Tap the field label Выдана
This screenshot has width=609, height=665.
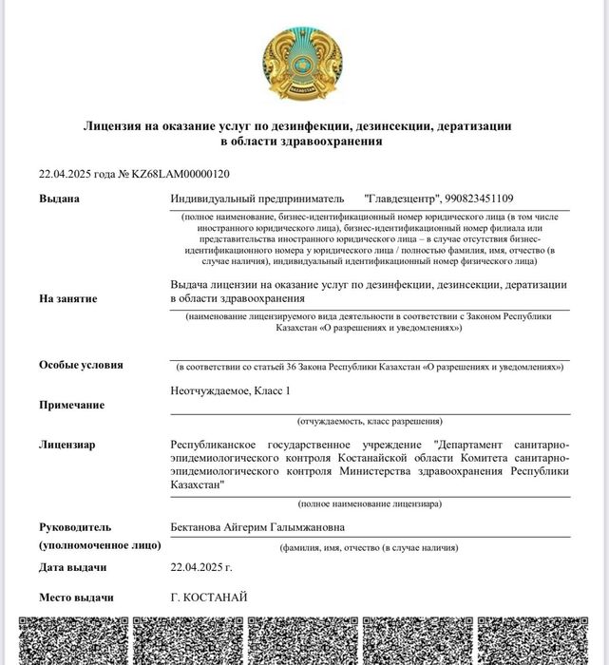tap(59, 199)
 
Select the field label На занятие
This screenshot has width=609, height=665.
tap(67, 298)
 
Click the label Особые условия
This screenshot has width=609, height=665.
tap(81, 365)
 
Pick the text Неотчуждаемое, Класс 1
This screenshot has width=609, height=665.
tap(230, 391)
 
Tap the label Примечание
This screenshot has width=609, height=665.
tap(71, 405)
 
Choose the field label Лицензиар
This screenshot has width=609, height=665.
tap(67, 444)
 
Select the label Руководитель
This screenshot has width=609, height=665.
tap(75, 527)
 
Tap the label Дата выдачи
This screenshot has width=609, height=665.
tap(72, 567)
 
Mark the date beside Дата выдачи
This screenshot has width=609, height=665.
tap(200, 567)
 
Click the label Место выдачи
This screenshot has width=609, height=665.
tap(76, 598)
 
